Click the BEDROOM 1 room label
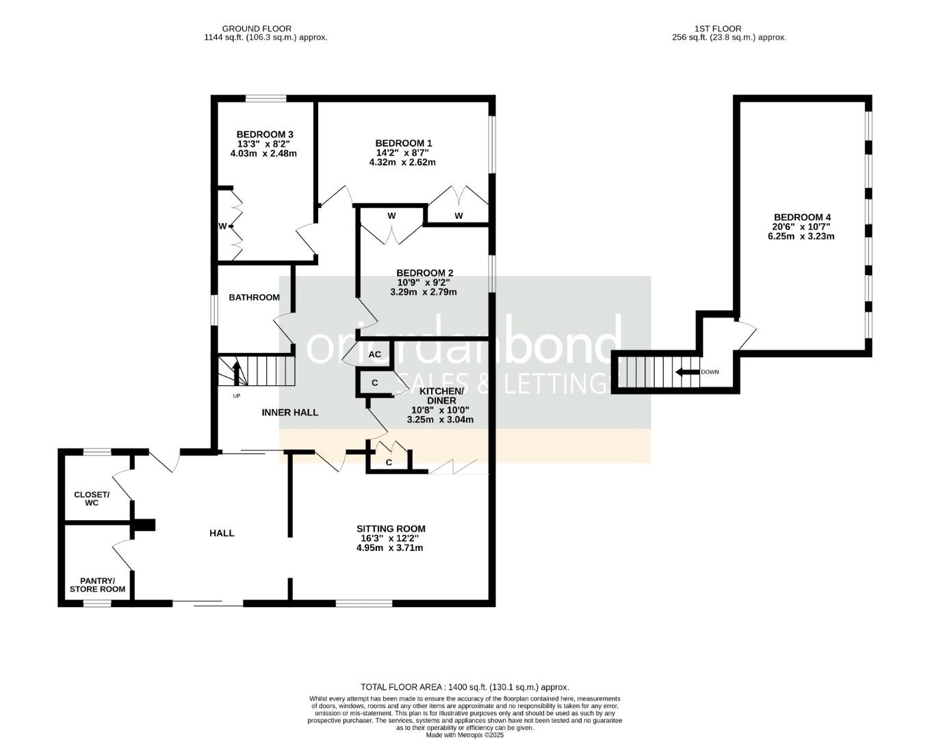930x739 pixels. click(402, 143)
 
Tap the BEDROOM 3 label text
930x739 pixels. click(265, 134)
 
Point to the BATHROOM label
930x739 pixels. click(254, 298)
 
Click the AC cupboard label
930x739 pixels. click(374, 354)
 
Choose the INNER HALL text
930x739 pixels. click(290, 413)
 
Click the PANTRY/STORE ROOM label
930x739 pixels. click(97, 585)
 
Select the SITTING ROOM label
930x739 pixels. click(391, 529)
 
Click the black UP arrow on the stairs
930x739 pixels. click(237, 373)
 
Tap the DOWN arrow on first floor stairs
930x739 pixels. click(688, 372)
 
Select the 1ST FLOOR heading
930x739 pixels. click(727, 29)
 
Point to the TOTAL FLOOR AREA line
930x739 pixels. click(465, 687)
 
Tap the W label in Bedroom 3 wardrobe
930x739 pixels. click(222, 226)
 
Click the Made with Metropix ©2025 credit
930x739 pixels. click(465, 735)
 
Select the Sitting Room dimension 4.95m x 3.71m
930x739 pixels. click(391, 548)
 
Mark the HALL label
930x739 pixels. click(222, 533)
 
